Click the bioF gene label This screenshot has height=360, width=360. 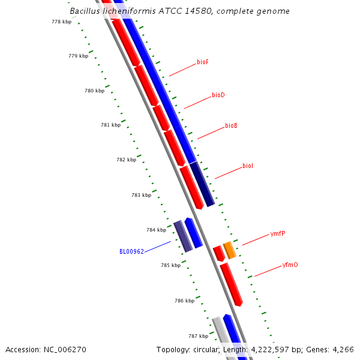coord(203,62)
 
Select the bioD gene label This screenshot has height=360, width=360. coord(218,95)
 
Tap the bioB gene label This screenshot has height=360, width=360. coord(231,125)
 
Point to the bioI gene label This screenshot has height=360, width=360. coord(248,166)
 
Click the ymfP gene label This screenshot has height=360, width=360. coord(278,234)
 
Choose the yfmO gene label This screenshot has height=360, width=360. coord(290,265)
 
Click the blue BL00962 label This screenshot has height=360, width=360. coord(131,251)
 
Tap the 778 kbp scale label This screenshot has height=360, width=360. coord(62,22)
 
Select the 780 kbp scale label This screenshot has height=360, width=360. coord(95,91)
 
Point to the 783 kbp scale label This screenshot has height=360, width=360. coord(142,195)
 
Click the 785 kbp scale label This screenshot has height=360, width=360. coord(171,265)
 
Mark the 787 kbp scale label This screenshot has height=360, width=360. coord(199,336)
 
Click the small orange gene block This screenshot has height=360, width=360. coord(230,250)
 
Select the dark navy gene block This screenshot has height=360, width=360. coord(202,184)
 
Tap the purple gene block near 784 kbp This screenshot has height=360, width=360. coord(183,236)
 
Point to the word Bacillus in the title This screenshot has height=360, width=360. coord(85,11)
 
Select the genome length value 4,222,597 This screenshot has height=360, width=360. coord(270,350)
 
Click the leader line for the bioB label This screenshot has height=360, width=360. coord(211,133)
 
